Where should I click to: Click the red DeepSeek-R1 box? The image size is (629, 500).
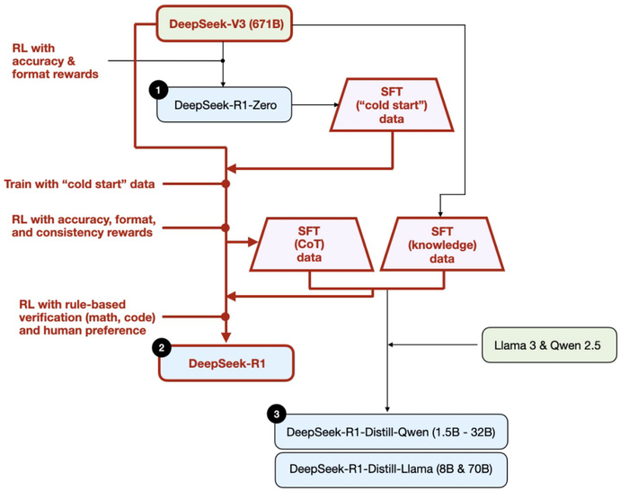coord(226,364)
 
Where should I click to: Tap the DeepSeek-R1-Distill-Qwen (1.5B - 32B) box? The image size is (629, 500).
coord(392,432)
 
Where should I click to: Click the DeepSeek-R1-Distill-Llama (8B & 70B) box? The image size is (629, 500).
coord(392,469)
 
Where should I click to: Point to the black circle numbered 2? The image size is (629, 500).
coord(161,347)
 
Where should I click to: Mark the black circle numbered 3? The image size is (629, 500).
coord(278,414)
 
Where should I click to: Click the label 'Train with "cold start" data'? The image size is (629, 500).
coord(80,183)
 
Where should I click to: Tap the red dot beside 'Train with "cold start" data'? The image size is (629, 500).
coord(226,183)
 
